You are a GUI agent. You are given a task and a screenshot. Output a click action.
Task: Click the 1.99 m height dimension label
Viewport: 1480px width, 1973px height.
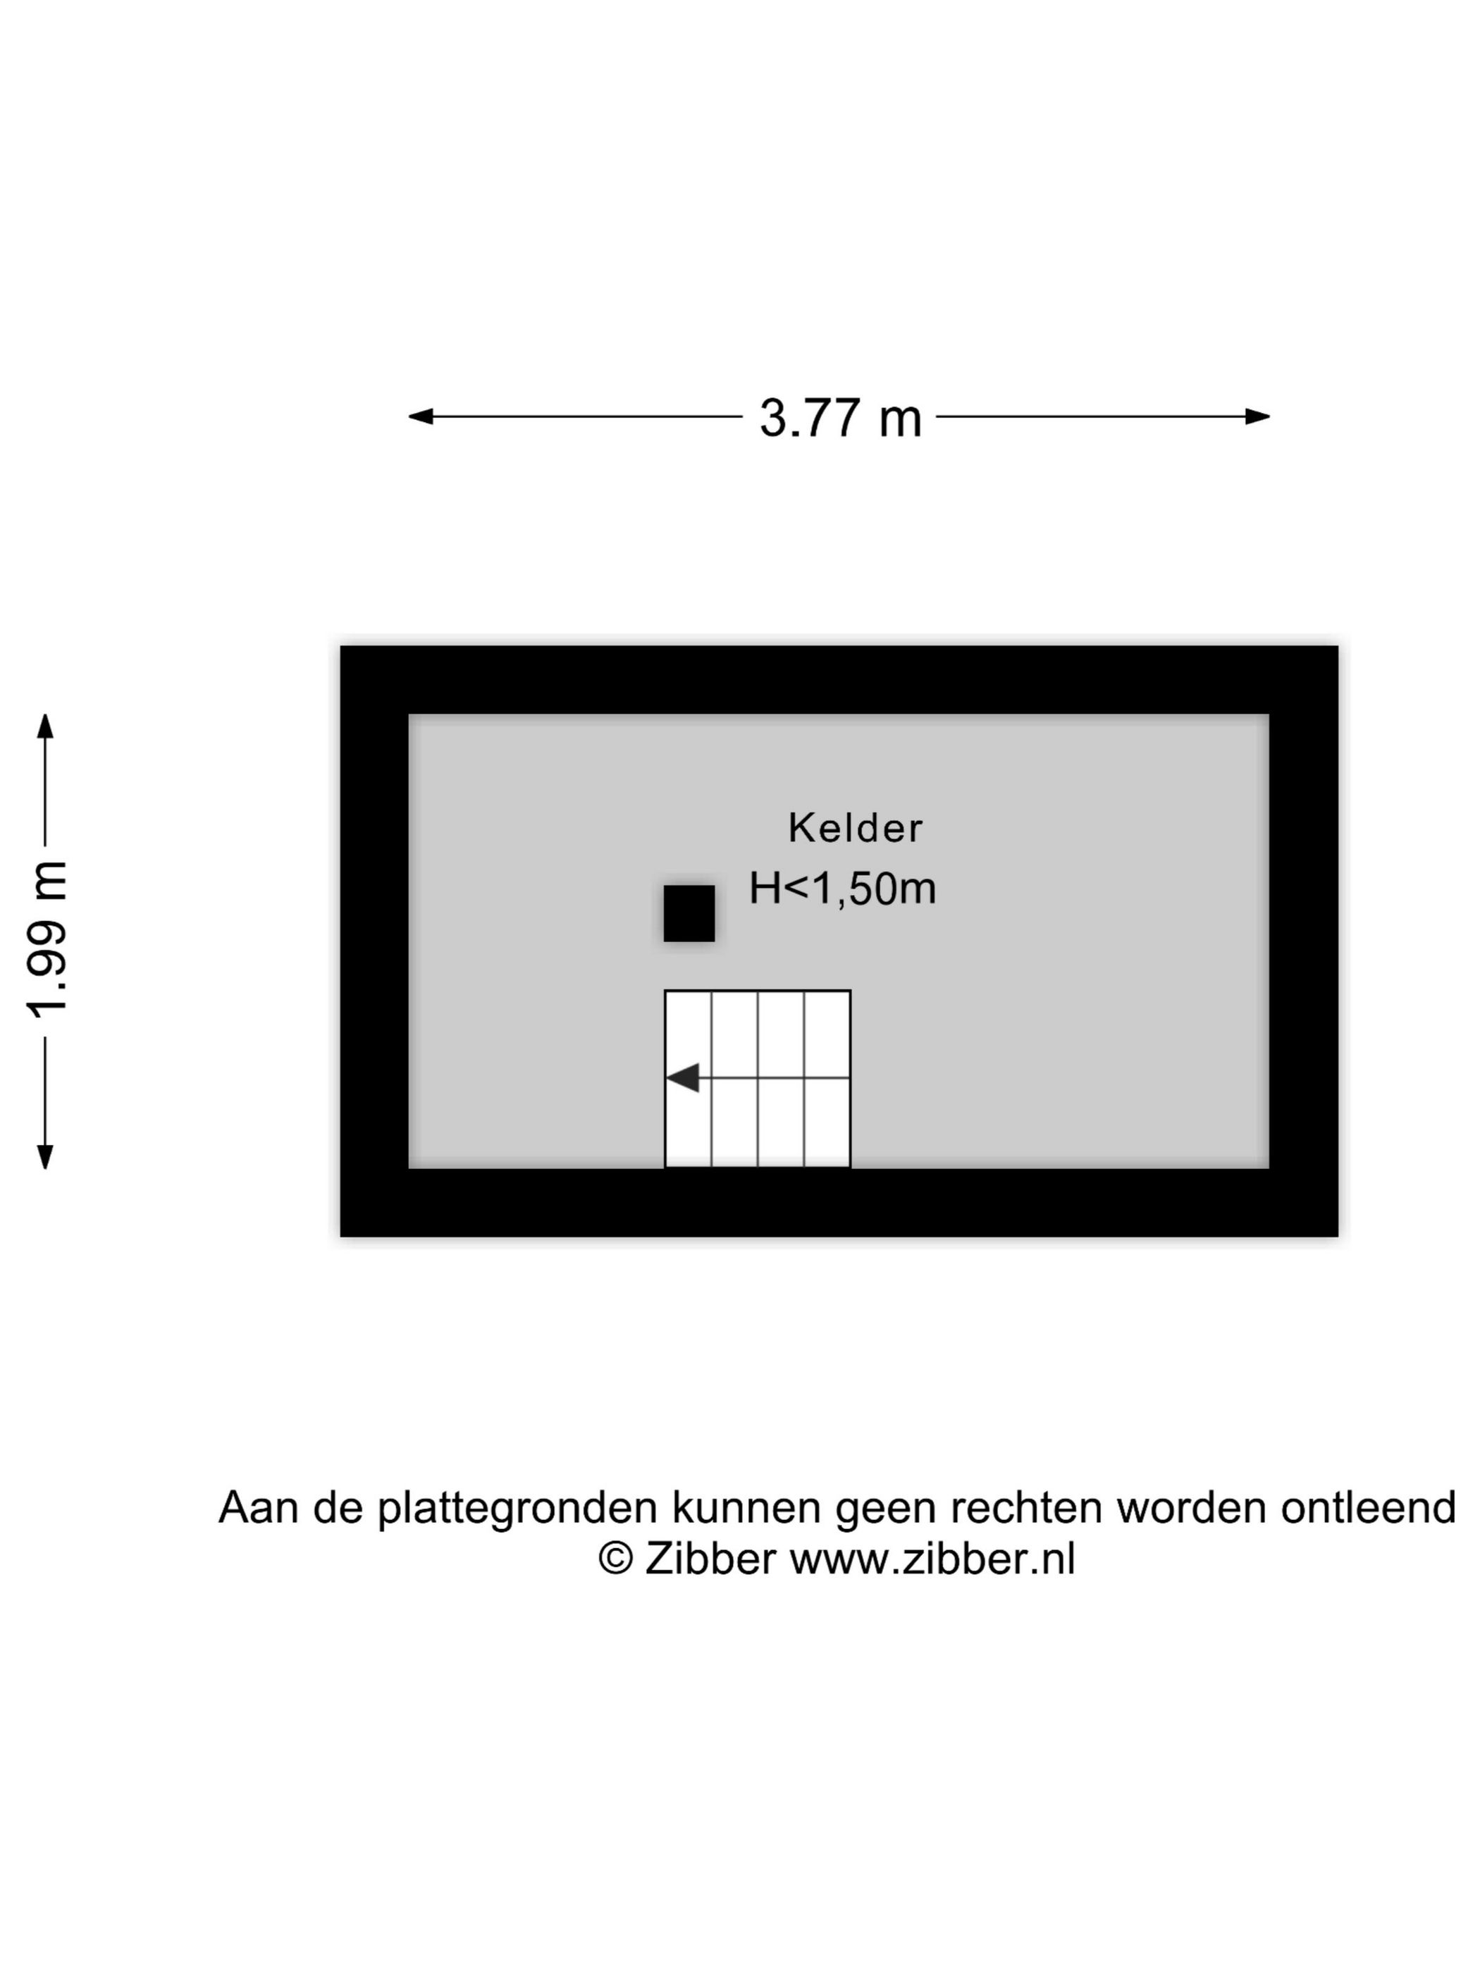(47, 940)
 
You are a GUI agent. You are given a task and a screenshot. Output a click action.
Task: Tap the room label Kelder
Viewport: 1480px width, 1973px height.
(855, 829)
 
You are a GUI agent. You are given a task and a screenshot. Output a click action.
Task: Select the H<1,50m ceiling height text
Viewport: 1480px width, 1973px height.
(842, 889)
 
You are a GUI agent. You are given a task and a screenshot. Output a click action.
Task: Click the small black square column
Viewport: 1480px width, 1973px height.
(689, 913)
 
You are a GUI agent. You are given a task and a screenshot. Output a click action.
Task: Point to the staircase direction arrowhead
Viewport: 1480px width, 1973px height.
(682, 1077)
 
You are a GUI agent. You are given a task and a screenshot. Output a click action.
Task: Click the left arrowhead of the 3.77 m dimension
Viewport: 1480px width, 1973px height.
(421, 416)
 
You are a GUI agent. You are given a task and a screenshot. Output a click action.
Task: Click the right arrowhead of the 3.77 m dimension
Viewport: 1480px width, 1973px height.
(1257, 416)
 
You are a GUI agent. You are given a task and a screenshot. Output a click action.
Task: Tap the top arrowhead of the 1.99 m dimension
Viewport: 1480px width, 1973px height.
(44, 726)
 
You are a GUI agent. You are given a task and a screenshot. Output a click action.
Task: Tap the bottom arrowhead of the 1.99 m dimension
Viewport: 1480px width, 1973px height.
(44, 1156)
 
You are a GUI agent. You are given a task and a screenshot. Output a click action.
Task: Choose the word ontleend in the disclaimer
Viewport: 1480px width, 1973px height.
(1369, 1507)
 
